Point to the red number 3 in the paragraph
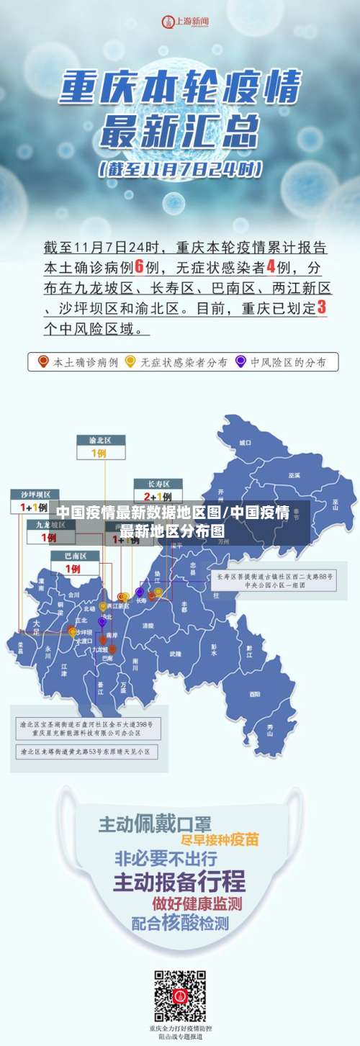[x=321, y=307]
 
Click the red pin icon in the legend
[x=43, y=361]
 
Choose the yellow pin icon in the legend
[x=130, y=361]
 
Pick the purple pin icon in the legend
[x=240, y=361]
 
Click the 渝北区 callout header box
[x=101, y=440]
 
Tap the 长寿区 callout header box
[x=158, y=483]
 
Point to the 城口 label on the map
[x=246, y=442]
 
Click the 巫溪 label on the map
[x=294, y=475]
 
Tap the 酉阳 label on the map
[x=255, y=694]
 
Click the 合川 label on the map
[x=73, y=595]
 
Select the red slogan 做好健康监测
[x=197, y=903]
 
